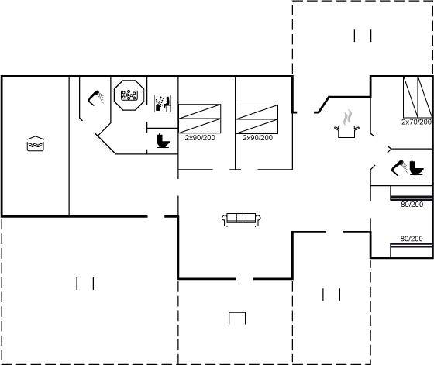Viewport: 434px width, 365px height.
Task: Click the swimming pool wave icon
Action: tap(36, 143)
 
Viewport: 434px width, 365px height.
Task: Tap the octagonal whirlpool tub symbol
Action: tap(129, 95)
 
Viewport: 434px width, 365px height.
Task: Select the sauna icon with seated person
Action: tap(163, 103)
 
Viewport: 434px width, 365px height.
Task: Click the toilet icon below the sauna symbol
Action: tap(163, 141)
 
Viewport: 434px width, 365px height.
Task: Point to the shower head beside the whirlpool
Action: tap(96, 98)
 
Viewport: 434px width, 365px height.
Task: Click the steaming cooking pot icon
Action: tap(346, 131)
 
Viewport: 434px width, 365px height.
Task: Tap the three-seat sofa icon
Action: tap(241, 220)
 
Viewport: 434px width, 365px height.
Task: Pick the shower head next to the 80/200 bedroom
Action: tap(399, 167)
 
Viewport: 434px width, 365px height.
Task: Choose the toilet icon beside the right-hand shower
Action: tap(416, 167)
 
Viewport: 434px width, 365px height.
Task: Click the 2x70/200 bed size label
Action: tap(417, 122)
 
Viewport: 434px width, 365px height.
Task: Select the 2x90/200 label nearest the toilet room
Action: tap(200, 138)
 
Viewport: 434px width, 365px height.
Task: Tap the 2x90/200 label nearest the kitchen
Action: tap(257, 138)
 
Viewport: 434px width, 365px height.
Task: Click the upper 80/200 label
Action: tap(412, 205)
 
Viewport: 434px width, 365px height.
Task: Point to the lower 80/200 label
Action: tap(412, 239)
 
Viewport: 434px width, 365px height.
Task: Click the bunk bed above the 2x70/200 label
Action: tap(418, 97)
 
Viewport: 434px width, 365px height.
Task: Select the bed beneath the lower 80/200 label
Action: tap(411, 250)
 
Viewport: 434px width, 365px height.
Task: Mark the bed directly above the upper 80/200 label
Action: tap(411, 193)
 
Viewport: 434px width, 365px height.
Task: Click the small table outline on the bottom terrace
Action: tap(237, 319)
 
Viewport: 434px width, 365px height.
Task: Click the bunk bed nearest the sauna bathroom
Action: tap(200, 119)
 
